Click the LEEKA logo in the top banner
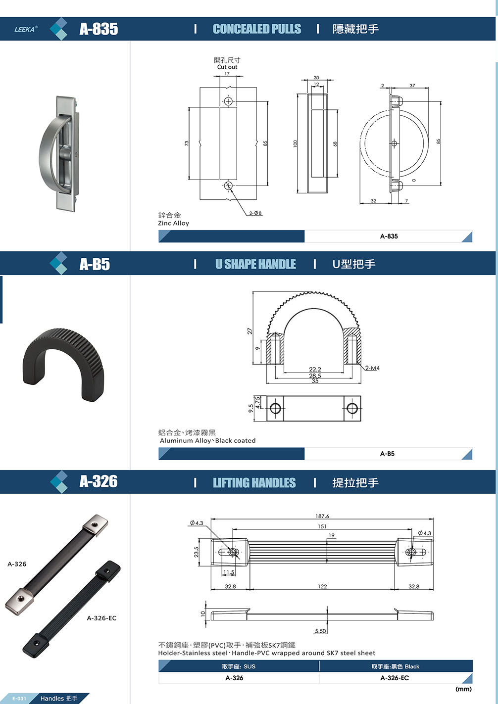click(x=26, y=29)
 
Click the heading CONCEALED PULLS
click(x=257, y=29)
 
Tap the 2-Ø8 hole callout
click(x=255, y=213)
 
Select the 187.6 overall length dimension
click(x=322, y=516)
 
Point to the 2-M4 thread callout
click(x=373, y=368)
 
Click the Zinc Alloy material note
click(x=174, y=223)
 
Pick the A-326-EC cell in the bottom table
click(x=395, y=678)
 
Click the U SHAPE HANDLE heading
click(x=255, y=264)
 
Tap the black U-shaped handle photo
click(x=63, y=364)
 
